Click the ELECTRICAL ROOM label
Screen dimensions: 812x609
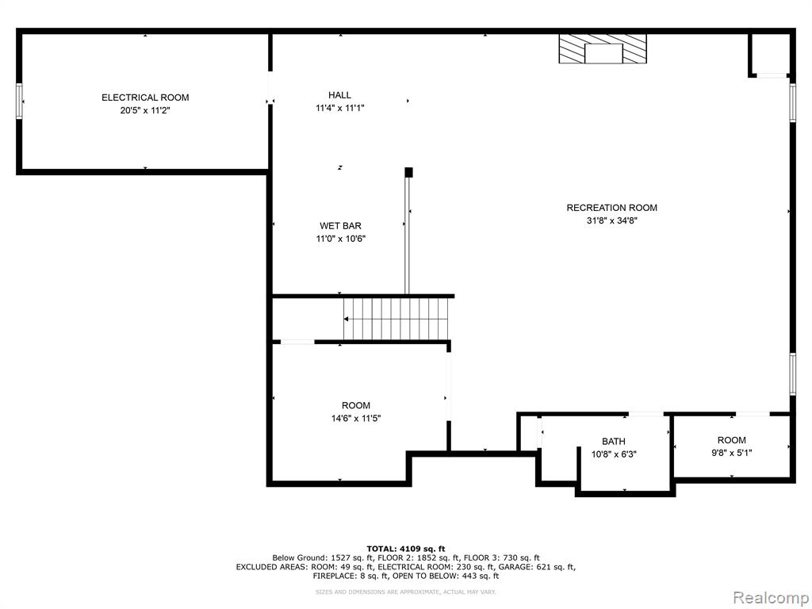(145, 98)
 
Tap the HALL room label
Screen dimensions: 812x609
(339, 95)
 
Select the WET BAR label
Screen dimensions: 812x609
(340, 226)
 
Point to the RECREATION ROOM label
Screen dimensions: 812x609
(611, 208)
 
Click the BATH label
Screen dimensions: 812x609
(614, 441)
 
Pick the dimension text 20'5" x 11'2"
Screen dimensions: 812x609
(145, 110)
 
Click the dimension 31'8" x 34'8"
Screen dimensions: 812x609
(611, 220)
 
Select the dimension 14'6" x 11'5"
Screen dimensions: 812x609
(356, 419)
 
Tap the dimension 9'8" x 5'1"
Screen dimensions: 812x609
(732, 453)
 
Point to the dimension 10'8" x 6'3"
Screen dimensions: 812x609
(614, 454)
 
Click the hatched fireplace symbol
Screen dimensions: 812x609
(603, 48)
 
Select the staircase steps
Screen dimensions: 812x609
(396, 319)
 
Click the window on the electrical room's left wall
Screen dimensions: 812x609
(19, 101)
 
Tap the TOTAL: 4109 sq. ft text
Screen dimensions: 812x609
(406, 549)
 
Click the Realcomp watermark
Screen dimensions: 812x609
(771, 598)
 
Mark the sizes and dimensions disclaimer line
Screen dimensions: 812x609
(406, 592)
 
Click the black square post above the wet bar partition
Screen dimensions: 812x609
(408, 172)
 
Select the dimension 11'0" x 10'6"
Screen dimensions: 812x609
(341, 239)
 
